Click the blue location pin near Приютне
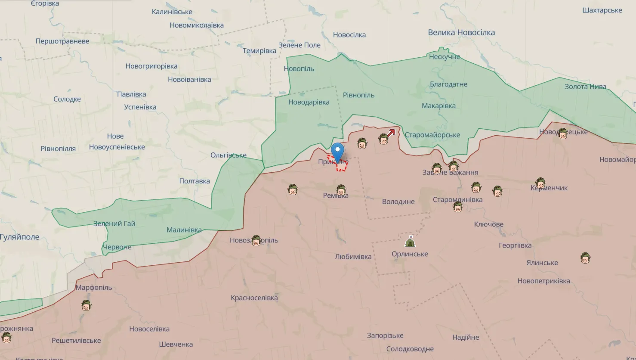point(338,151)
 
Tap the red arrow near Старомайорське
point(391,133)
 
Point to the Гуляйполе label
point(19,237)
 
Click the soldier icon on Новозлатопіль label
point(256,241)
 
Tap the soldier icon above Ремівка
point(341,189)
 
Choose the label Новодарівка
point(309,102)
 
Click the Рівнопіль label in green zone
point(358,95)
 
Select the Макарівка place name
point(438,106)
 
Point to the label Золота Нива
point(585,87)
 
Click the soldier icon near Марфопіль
point(86,305)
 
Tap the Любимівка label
point(353,256)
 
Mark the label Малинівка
point(184,230)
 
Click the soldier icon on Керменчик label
point(540,183)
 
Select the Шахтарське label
point(602,10)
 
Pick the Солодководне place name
point(410,349)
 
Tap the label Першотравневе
point(62,41)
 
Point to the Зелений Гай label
point(114,223)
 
